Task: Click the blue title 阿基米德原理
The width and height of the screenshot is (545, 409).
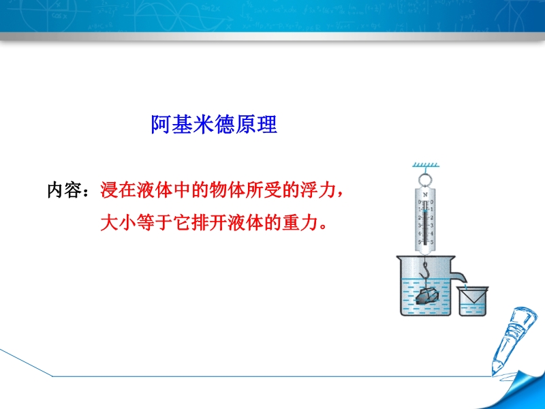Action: tap(214, 124)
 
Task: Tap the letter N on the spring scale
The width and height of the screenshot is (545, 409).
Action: tap(425, 195)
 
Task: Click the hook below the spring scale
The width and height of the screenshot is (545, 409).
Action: tap(424, 271)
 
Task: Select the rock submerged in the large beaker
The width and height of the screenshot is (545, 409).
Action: tap(427, 297)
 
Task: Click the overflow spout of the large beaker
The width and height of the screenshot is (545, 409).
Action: tap(459, 276)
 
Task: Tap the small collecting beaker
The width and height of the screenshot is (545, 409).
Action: tap(473, 301)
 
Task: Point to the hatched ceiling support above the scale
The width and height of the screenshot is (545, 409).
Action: tap(426, 165)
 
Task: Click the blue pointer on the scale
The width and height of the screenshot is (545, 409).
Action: tap(425, 213)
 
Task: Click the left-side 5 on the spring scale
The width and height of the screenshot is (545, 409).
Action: tap(419, 242)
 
